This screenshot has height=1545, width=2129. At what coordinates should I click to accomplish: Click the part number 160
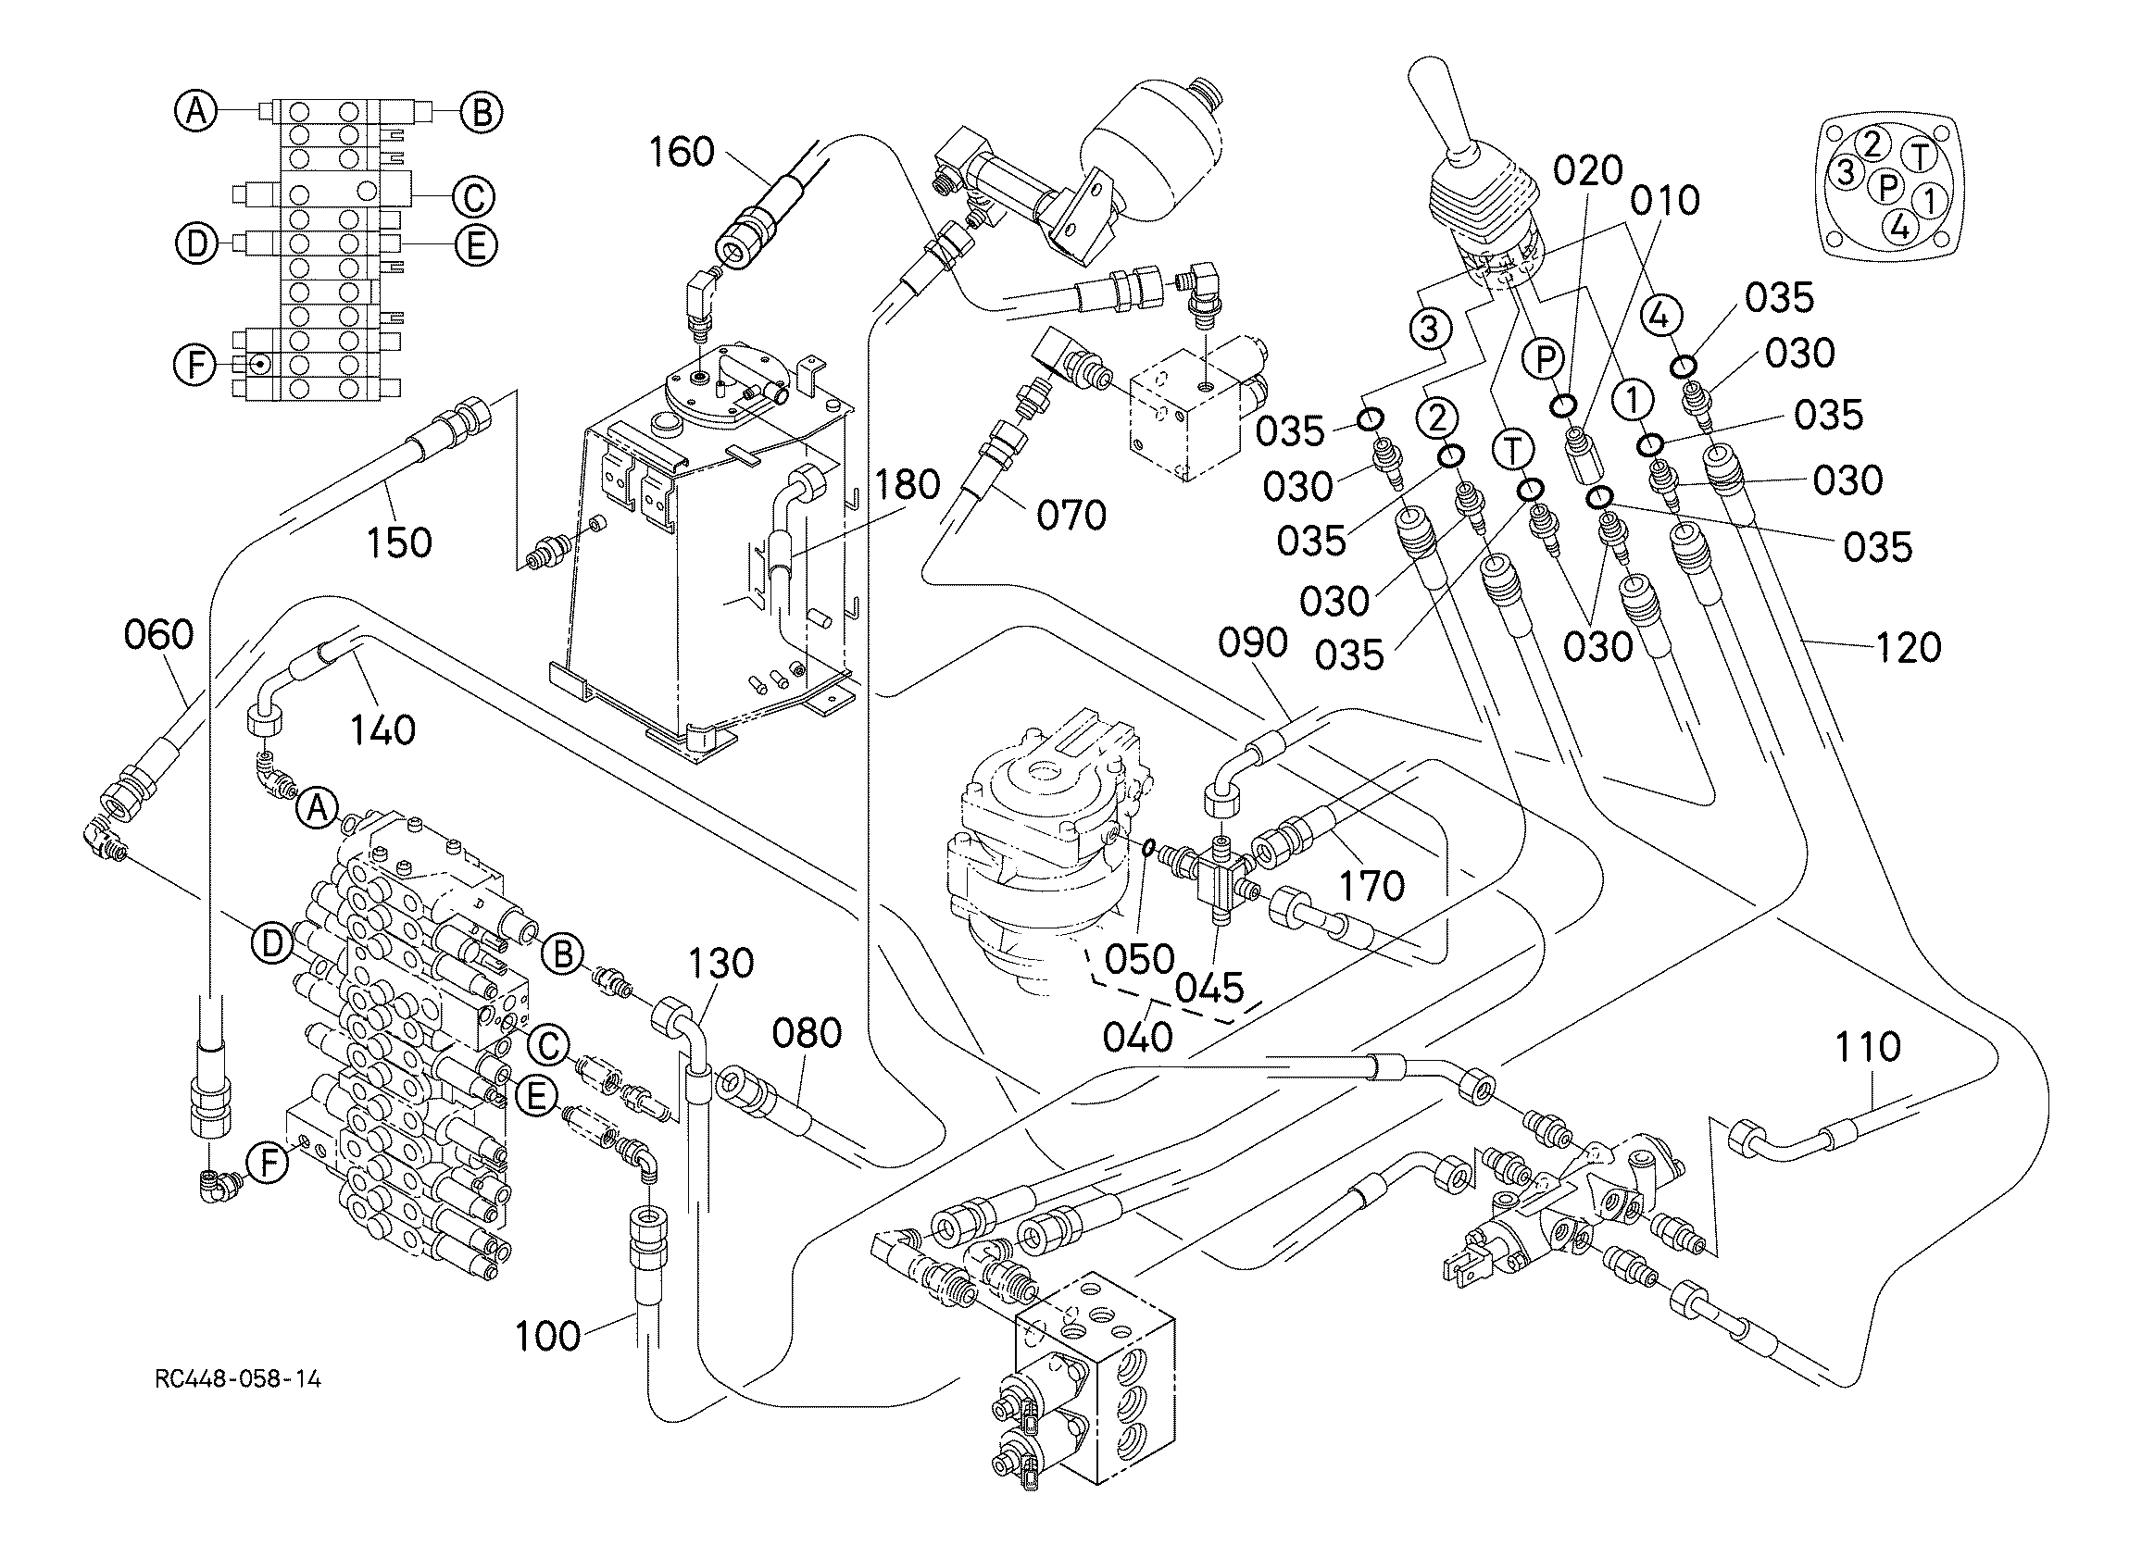(x=682, y=151)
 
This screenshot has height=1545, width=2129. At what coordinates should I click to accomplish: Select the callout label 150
(x=399, y=542)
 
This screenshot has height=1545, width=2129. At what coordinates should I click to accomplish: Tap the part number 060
(x=158, y=634)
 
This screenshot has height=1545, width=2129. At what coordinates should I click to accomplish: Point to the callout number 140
(x=382, y=729)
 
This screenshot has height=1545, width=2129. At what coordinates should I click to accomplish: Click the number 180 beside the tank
(x=908, y=484)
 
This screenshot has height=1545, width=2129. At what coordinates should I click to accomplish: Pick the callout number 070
(x=1071, y=515)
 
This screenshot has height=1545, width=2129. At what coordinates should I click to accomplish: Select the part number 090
(x=1253, y=643)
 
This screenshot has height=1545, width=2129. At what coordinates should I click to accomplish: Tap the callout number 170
(x=1371, y=885)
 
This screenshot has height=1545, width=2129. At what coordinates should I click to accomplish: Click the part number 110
(x=1867, y=1047)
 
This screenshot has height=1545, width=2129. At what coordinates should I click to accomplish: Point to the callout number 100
(x=548, y=1336)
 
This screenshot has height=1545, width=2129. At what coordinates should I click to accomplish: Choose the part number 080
(x=807, y=1033)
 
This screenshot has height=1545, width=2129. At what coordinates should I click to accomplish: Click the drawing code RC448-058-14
(x=238, y=1379)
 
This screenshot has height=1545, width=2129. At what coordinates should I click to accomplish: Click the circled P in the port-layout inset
(x=1885, y=187)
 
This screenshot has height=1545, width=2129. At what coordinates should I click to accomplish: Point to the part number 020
(x=1587, y=170)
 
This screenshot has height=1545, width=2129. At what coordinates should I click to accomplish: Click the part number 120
(x=1909, y=648)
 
